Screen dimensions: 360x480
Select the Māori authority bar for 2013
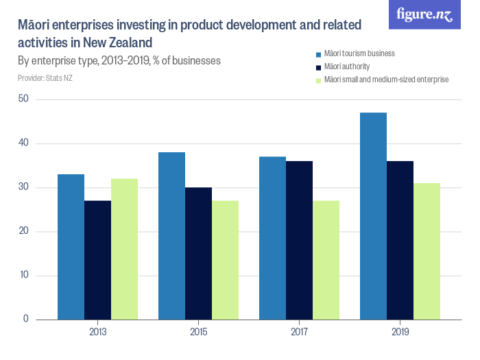[x=97, y=260]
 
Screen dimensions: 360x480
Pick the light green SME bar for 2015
[x=225, y=260]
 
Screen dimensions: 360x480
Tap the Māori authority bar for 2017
[x=299, y=240]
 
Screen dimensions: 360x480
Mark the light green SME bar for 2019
[x=427, y=251]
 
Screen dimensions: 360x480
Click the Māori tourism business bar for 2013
[x=71, y=247]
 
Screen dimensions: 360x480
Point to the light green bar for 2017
[x=326, y=260]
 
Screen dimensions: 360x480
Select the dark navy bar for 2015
[x=198, y=254]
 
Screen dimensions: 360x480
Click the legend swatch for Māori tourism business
[x=318, y=53]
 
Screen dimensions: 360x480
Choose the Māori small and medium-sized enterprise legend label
[x=387, y=80]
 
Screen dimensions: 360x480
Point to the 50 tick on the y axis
[x=24, y=99]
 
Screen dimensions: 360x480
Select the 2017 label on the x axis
[x=299, y=333]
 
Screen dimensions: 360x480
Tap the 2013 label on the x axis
[x=97, y=333]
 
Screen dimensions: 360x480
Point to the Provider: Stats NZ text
[x=45, y=77]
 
